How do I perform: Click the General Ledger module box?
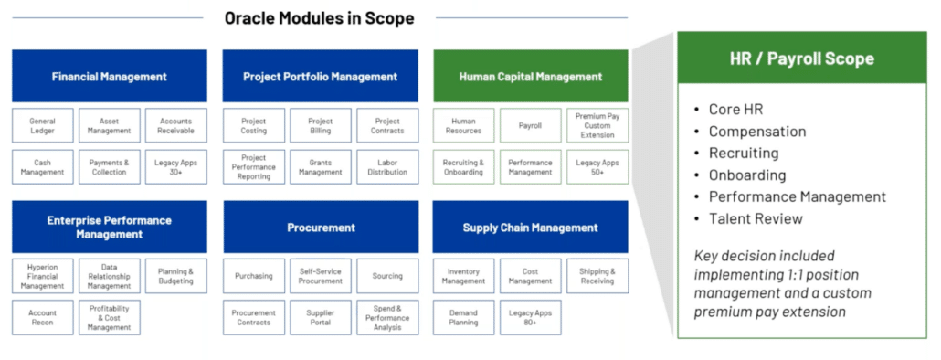[43, 125]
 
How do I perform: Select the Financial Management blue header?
[110, 76]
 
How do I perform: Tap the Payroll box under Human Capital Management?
[530, 125]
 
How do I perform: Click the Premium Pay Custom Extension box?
[597, 125]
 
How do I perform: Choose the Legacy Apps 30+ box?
[175, 167]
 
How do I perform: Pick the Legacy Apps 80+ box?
[530, 317]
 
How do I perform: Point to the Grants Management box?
[321, 167]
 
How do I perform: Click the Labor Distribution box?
[387, 167]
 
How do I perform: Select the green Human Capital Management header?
[531, 76]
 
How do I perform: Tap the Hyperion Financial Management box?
[43, 276]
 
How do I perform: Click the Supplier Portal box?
[321, 317]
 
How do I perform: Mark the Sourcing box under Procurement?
[387, 276]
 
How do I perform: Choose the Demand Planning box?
[463, 317]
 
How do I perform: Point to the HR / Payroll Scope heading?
[802, 58]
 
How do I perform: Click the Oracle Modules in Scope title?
[319, 18]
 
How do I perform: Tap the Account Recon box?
[43, 317]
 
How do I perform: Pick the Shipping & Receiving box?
[597, 276]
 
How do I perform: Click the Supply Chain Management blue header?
[531, 227]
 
